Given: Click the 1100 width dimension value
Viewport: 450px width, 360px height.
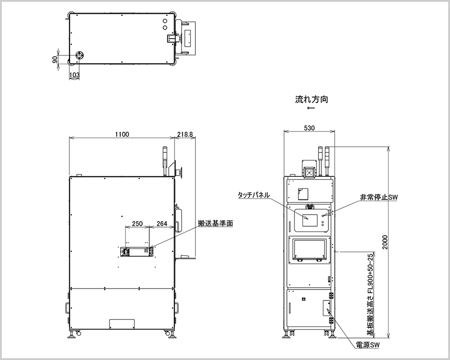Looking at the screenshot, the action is click(x=122, y=134).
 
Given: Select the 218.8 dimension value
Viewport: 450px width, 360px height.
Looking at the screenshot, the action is click(x=185, y=134).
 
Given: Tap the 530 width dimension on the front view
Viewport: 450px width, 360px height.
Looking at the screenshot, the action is click(x=309, y=128).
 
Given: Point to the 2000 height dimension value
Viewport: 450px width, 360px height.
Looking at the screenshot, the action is click(x=385, y=242).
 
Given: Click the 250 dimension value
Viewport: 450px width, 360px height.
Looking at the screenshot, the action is click(x=137, y=223).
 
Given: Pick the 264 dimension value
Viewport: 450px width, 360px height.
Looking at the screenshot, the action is click(x=162, y=223).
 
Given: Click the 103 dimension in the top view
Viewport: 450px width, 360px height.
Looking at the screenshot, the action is click(x=75, y=75).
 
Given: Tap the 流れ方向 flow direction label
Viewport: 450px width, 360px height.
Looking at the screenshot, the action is click(x=311, y=99).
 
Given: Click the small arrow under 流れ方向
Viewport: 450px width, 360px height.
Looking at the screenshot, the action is click(x=311, y=108).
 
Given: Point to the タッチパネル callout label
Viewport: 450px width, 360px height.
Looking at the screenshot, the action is click(x=254, y=195).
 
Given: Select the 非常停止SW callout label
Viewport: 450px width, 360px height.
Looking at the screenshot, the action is click(x=379, y=197).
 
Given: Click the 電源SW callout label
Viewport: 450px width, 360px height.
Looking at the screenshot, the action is click(x=367, y=345).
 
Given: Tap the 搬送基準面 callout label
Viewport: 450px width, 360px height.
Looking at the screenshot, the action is click(x=215, y=223).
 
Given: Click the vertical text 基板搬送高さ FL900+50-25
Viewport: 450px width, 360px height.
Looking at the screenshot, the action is click(x=371, y=294).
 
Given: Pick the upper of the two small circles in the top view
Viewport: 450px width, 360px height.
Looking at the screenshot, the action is click(x=165, y=21).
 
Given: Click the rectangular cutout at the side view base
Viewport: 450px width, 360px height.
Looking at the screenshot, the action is click(x=122, y=324).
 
